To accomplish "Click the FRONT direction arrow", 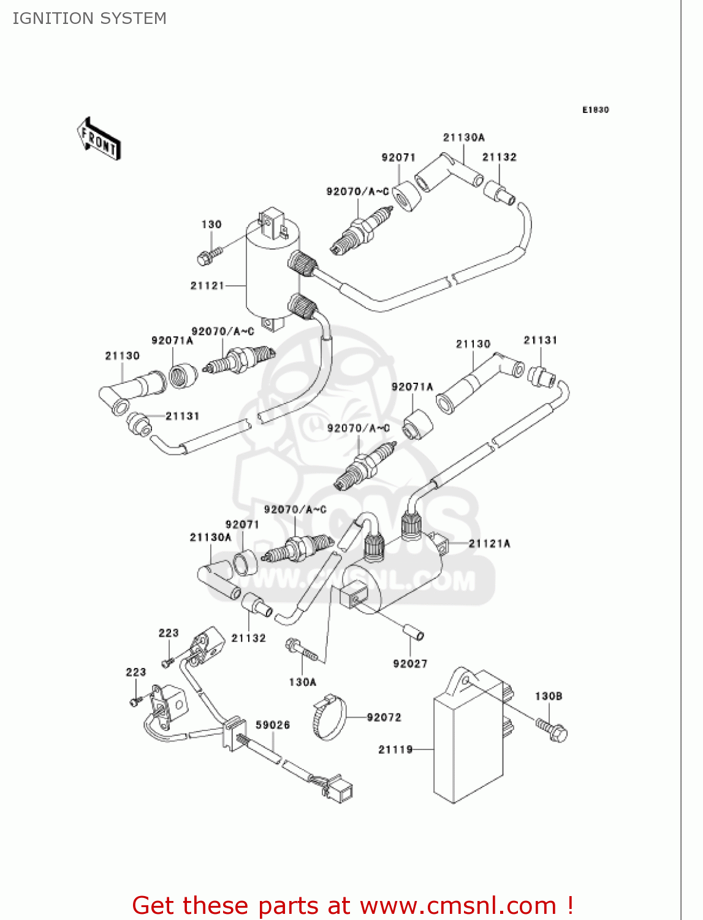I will tap(99, 139).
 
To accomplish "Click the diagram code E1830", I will tap(595, 110).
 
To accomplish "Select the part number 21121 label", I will tap(207, 286).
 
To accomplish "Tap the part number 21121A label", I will tap(489, 543).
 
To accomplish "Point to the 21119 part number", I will tap(395, 749).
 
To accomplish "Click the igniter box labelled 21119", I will tap(469, 742).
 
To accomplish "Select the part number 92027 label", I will tap(410, 664).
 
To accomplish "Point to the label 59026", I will tap(273, 725).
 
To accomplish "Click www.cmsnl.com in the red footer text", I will tap(457, 906).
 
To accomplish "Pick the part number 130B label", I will tap(549, 696).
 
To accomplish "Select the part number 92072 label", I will tap(384, 718).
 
